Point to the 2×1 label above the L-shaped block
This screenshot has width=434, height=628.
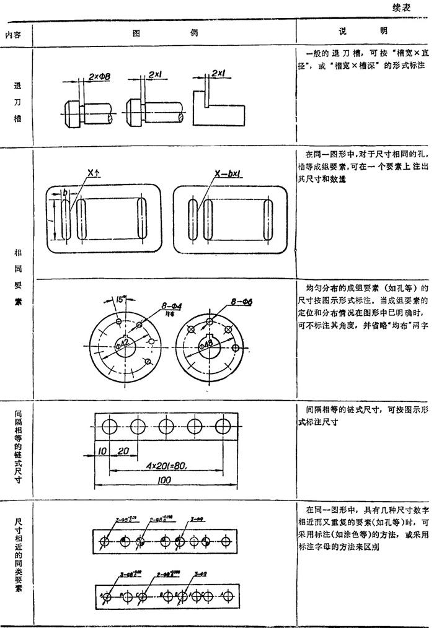(x=218, y=73)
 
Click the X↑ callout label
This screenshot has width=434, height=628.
(x=93, y=175)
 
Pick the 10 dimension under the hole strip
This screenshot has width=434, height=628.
(x=102, y=451)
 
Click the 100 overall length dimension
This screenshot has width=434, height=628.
(x=164, y=480)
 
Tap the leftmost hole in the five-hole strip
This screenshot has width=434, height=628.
(x=110, y=426)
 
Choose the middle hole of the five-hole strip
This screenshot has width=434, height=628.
(x=166, y=426)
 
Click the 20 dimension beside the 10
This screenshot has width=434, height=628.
(x=123, y=451)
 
